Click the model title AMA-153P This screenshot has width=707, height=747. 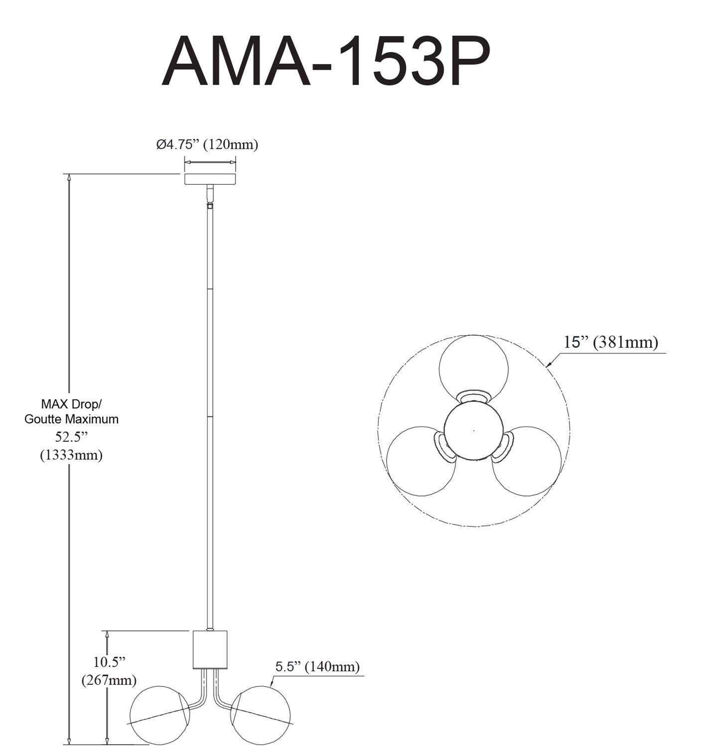point(326,62)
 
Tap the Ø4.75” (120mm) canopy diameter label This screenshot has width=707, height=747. point(207,145)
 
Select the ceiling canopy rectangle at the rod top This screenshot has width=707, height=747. point(210,179)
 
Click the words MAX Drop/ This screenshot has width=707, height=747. point(71,403)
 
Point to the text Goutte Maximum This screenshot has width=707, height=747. point(71,419)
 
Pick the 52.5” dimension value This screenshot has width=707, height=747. point(71,437)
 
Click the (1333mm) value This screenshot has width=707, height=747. point(71,455)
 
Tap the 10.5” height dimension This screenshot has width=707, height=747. point(109,662)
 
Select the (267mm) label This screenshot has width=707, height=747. point(109,680)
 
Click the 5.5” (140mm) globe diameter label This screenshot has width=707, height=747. point(317,667)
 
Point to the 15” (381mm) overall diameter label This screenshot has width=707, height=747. point(611,343)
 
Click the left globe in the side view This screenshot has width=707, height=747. point(159,715)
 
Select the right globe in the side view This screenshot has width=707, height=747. point(261,715)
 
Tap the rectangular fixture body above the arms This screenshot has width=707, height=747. point(210,649)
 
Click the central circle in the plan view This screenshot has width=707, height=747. point(473,431)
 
